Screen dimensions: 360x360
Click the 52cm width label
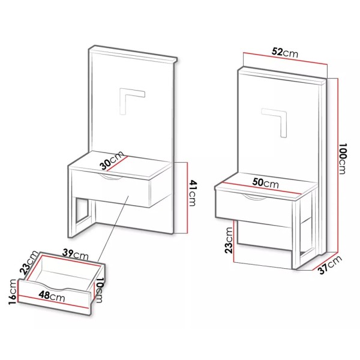284,52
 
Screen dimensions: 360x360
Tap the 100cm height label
342,158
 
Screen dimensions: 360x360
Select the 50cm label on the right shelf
265,183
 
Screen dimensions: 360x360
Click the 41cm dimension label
193,193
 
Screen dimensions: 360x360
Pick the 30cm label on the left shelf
112,160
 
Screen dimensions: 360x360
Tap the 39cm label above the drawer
76,254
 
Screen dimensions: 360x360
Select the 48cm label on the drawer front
52,296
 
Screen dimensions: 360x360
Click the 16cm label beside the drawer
13,292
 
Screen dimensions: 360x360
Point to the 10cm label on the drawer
99,290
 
